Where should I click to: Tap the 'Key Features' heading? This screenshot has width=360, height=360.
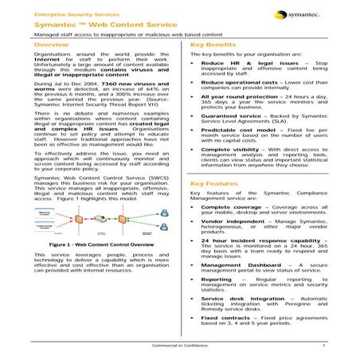coord(214,182)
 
